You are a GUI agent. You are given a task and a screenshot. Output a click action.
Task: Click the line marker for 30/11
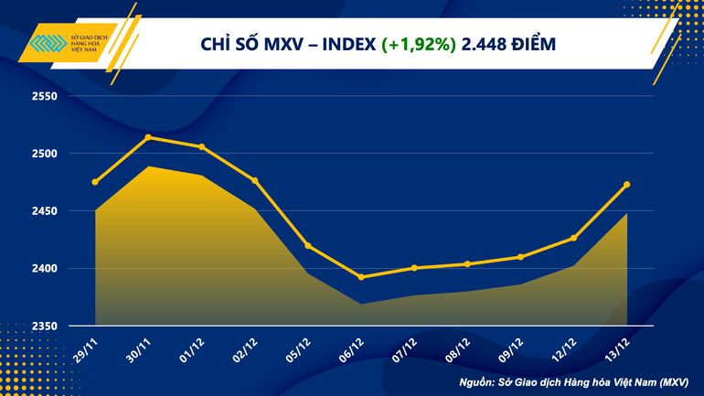tap(148, 137)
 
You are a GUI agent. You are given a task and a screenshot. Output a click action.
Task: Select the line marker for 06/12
tap(361, 277)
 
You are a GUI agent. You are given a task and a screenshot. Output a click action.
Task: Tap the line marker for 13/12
tap(626, 185)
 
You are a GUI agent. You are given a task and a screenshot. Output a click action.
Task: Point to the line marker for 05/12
tap(308, 245)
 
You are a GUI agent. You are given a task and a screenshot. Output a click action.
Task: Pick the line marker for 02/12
tap(255, 180)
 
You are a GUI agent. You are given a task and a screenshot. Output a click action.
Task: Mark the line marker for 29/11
tap(95, 182)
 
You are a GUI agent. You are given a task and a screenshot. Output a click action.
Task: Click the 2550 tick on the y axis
tap(45, 96)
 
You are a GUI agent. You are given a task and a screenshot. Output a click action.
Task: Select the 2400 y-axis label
tap(45, 269)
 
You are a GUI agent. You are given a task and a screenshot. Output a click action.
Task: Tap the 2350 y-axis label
tap(45, 326)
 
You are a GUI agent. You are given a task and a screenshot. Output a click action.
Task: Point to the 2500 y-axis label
tap(45, 154)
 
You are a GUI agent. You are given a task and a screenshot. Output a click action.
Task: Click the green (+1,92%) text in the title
tap(419, 43)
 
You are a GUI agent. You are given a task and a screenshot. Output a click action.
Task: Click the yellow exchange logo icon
tap(47, 45)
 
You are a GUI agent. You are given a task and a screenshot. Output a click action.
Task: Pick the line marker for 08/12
tap(467, 264)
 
